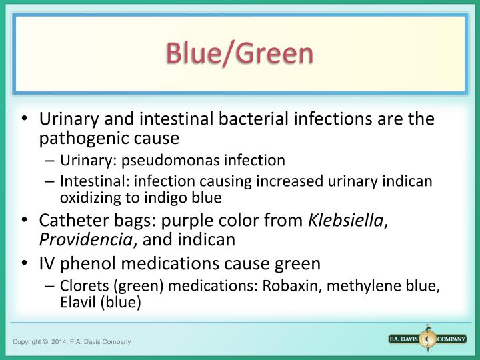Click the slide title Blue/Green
[x=240, y=54]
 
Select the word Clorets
[x=81, y=287]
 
